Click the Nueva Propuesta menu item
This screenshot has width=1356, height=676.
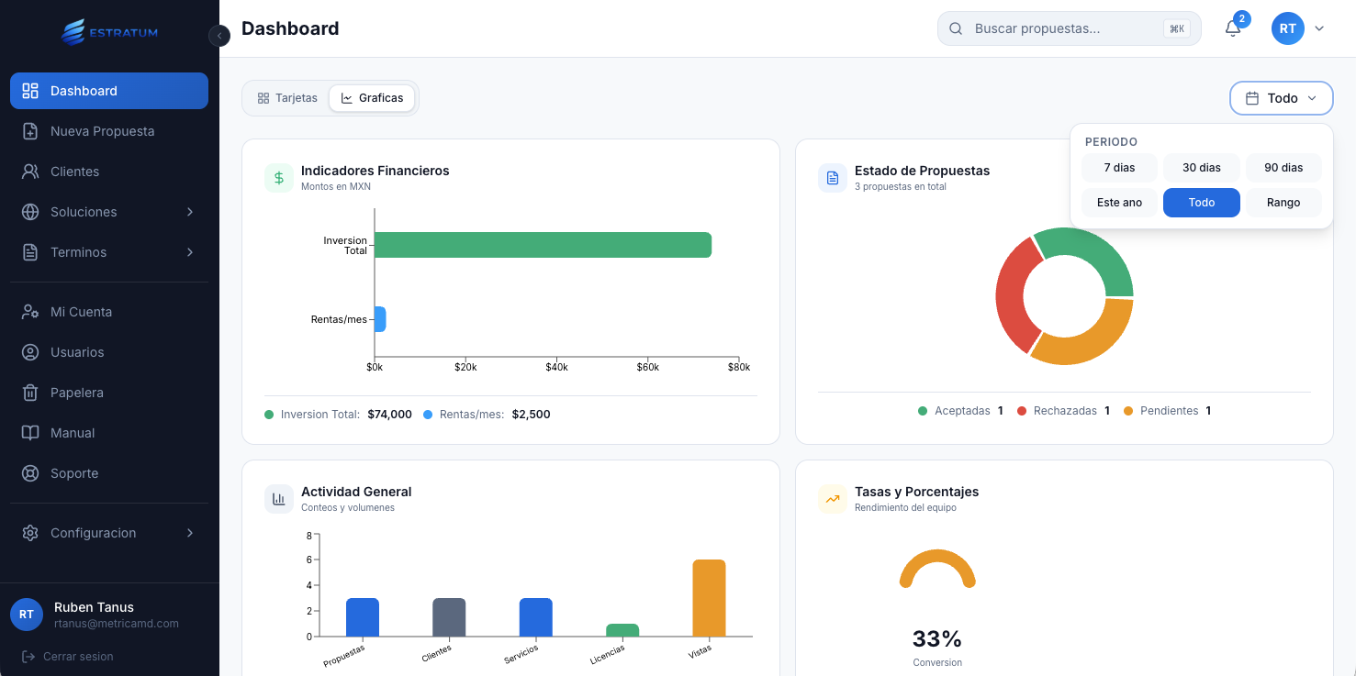tap(102, 131)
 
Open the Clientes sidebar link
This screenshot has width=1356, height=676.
tap(74, 172)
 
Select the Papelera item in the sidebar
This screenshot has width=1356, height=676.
tap(76, 393)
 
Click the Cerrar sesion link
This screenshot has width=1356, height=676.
tap(78, 657)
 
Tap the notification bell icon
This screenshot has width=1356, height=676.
tap(1233, 28)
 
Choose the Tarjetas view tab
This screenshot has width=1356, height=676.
tap(287, 98)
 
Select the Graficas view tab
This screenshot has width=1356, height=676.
tap(372, 98)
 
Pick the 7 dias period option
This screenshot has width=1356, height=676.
tap(1119, 168)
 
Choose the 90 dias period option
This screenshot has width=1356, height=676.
tap(1283, 168)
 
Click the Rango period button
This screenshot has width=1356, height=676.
tap(1283, 203)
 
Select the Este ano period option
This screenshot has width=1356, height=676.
tap(1119, 203)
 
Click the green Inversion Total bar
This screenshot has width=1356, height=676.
tap(543, 245)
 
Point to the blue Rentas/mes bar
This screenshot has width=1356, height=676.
tap(380, 319)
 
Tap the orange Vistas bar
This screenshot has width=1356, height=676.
tap(709, 597)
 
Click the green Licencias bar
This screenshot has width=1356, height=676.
tap(622, 630)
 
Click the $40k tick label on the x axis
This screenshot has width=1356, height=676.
tap(556, 368)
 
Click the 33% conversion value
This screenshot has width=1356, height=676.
tap(936, 638)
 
